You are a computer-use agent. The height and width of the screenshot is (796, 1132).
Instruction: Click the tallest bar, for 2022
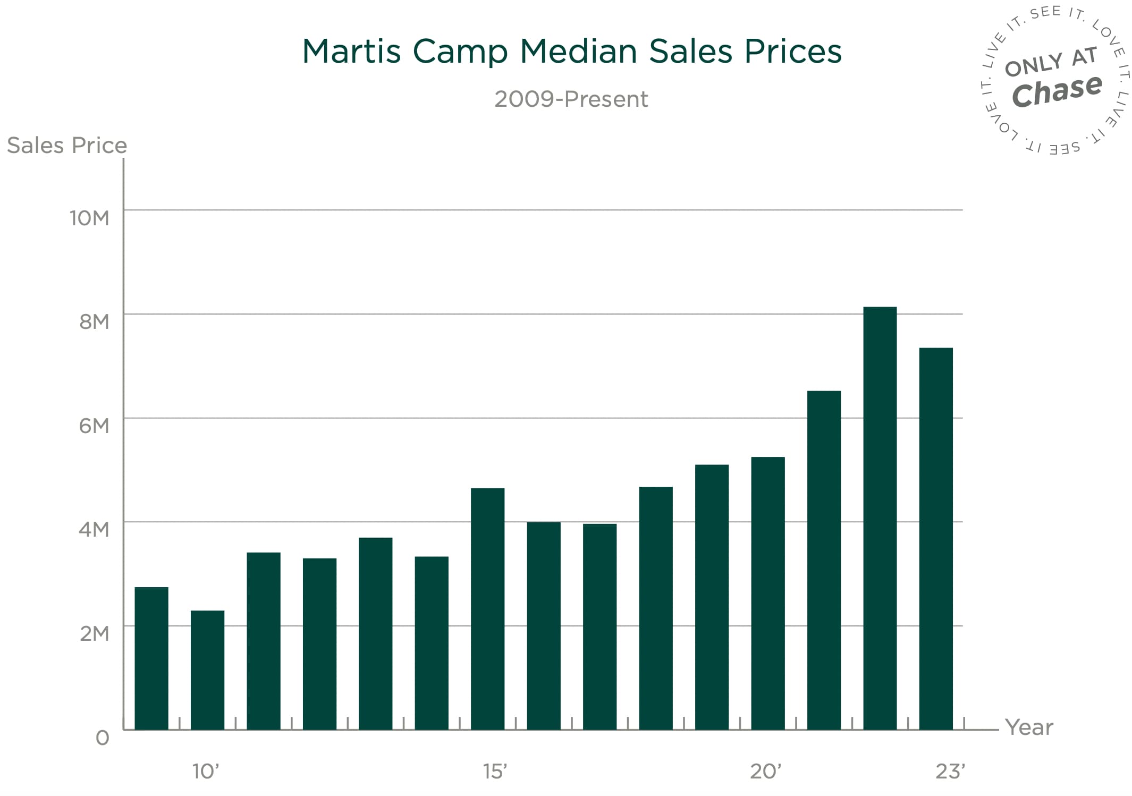880,518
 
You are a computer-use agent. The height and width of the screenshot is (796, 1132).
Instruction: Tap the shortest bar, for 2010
207,670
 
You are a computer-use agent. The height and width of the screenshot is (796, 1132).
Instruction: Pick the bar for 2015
487,608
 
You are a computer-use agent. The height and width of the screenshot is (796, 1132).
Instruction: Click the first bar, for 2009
151,658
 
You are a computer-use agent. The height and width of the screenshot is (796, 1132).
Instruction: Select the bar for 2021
824,560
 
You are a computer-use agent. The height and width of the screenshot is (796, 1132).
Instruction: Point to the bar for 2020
767,593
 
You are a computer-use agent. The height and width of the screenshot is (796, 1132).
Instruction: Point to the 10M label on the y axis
89,218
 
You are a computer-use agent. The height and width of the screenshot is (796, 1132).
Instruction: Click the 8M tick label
94,321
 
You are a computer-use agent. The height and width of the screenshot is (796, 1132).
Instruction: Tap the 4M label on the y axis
94,529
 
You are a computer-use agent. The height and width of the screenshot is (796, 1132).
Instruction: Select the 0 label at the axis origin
103,738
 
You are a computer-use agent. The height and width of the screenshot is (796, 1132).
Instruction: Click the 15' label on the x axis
495,771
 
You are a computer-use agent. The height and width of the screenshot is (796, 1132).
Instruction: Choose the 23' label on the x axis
950,771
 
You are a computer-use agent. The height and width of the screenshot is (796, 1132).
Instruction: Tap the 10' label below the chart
206,771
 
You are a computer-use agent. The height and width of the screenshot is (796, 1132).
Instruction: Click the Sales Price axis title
67,145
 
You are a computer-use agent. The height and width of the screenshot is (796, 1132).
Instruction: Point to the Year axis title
1029,727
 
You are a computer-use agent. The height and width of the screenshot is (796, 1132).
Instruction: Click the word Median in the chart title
578,52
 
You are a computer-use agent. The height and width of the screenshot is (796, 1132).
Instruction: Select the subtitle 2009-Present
571,99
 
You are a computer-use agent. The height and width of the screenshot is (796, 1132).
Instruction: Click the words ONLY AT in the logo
1051,62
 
